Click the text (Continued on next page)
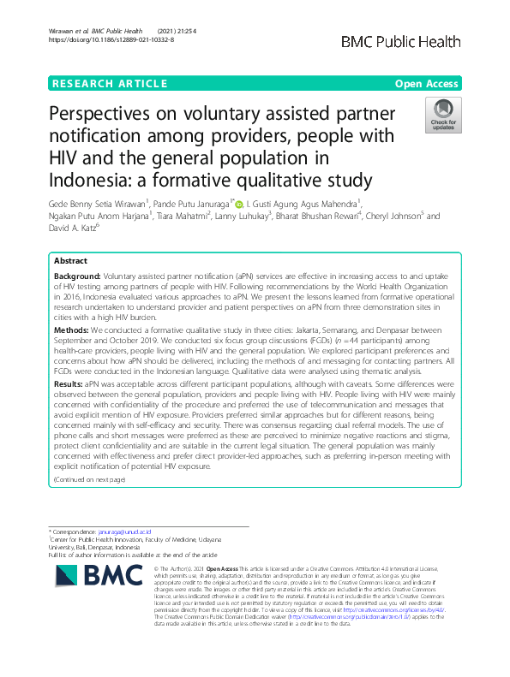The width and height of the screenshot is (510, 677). pos(89,480)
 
